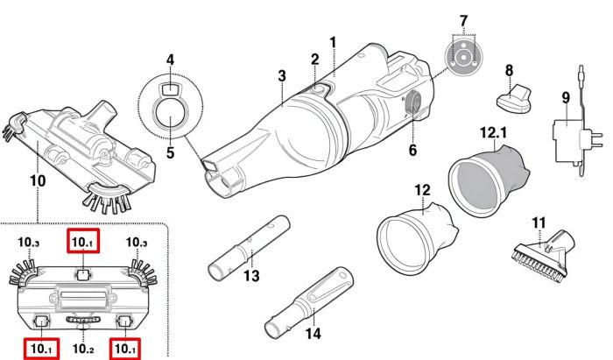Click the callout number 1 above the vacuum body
click(333, 41)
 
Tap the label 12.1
click(493, 131)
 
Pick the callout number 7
click(464, 19)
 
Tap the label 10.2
click(83, 349)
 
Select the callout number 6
click(412, 150)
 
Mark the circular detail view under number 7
click(464, 54)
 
